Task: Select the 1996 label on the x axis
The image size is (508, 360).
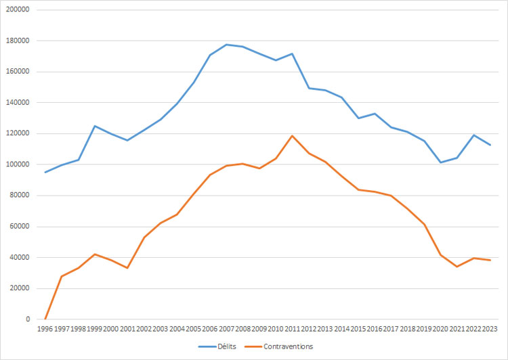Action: click(45, 329)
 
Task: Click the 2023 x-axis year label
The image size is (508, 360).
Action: click(490, 329)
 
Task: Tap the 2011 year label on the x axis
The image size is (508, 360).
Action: click(293, 329)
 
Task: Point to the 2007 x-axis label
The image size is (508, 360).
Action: click(226, 329)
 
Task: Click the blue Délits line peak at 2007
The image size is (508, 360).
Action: click(226, 45)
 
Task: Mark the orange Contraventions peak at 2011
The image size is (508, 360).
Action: click(293, 135)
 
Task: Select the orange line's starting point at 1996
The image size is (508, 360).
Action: click(45, 319)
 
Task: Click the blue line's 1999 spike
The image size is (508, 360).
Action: click(95, 126)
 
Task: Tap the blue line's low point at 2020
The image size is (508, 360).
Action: click(440, 162)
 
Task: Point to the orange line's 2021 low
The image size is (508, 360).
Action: click(457, 267)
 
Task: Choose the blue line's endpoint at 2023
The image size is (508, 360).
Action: click(490, 145)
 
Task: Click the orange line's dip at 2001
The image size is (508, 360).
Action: click(127, 268)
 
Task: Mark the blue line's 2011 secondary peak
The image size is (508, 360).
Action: click(293, 53)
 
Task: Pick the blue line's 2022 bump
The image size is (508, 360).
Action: click(473, 135)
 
